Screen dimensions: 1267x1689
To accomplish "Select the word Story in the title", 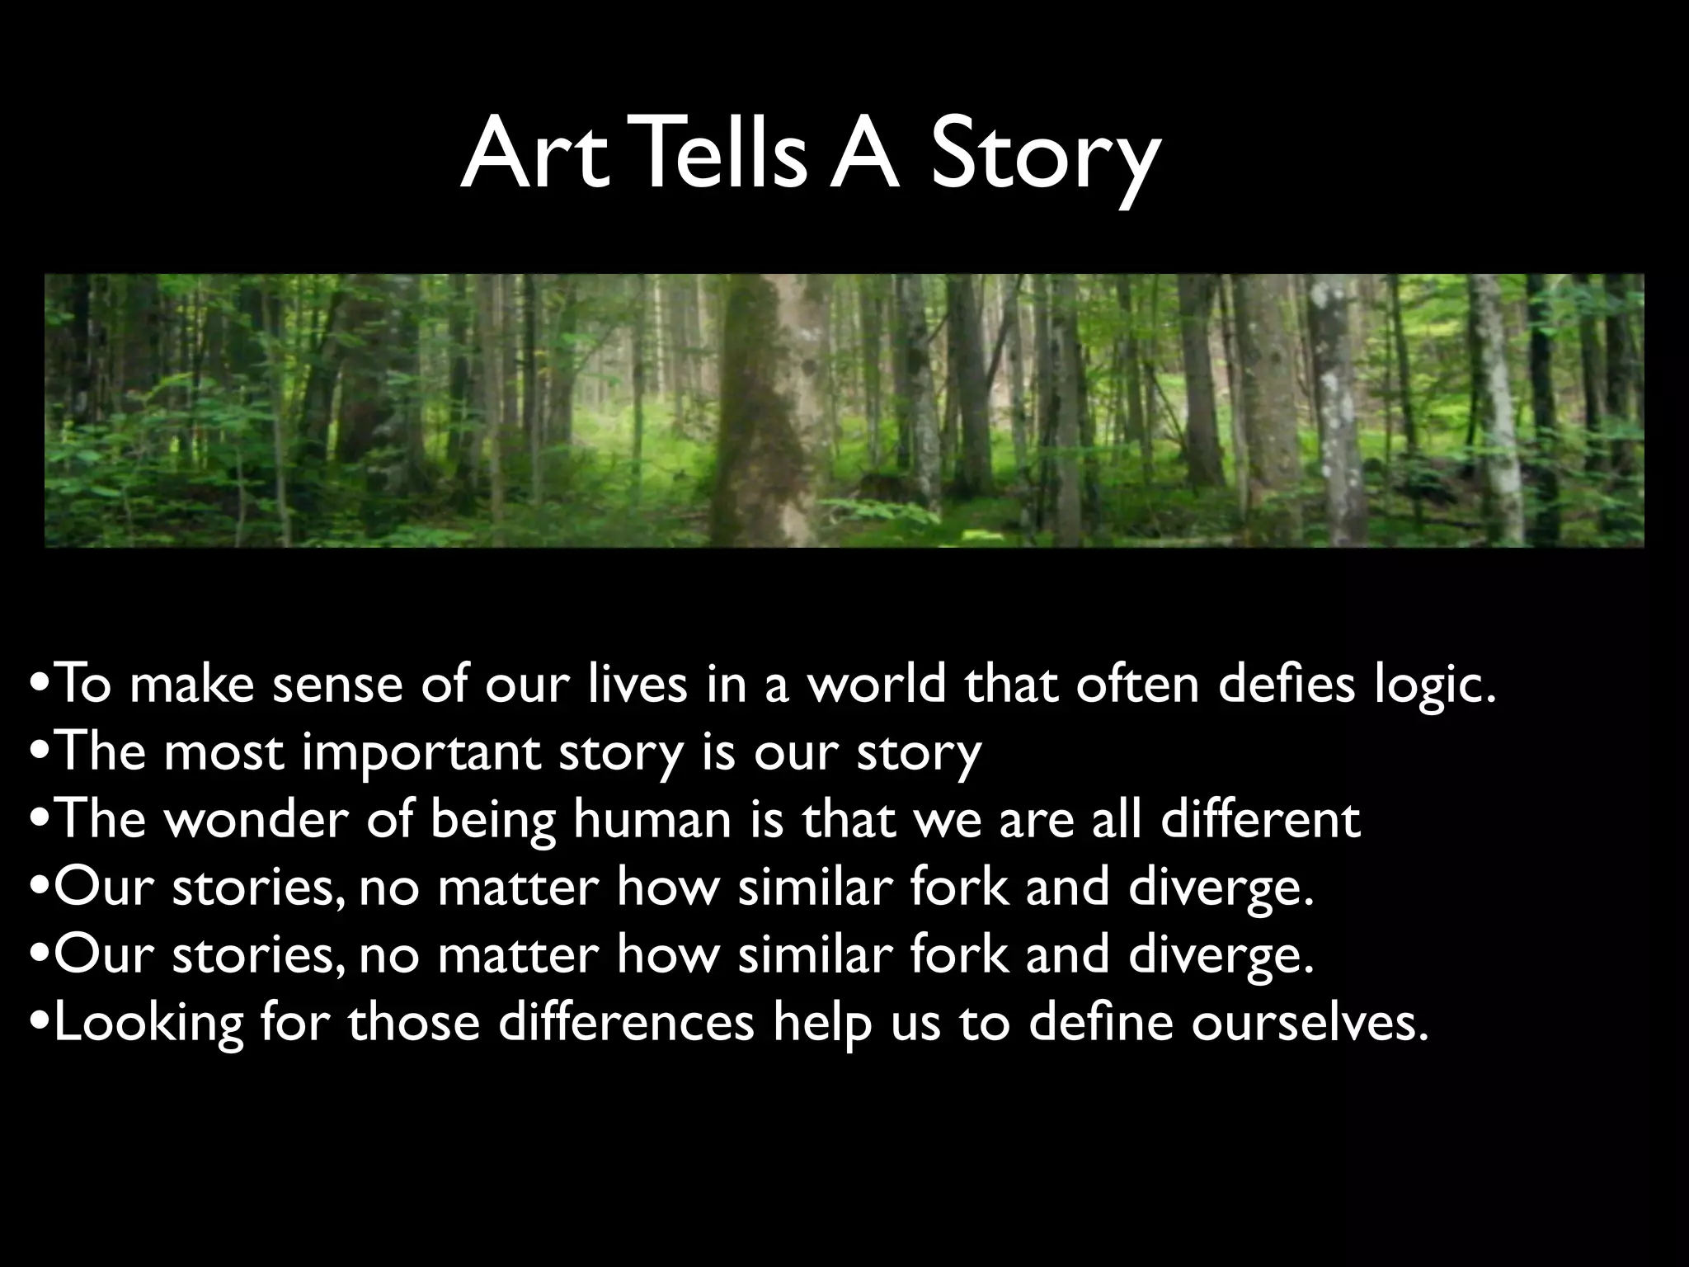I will [x=1045, y=157].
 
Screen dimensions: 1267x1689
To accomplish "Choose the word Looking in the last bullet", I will [x=148, y=1023].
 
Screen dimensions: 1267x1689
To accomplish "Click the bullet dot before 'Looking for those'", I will [x=40, y=1023].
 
